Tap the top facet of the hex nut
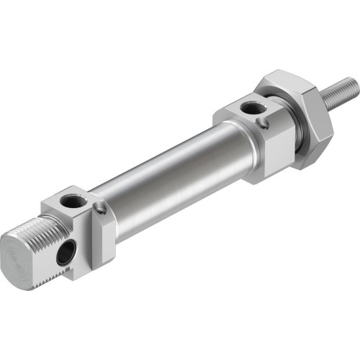coord(288,83)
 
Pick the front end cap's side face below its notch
coord(270,155)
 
